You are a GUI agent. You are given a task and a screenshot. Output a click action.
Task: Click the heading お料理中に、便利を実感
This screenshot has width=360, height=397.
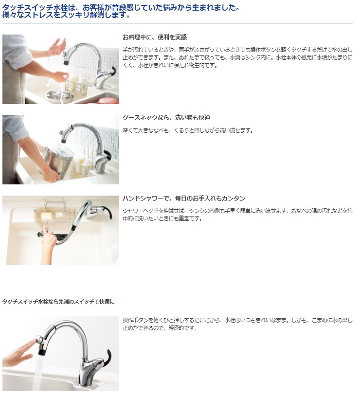(x=154, y=37)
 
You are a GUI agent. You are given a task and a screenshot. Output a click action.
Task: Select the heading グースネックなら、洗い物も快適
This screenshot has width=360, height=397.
(x=166, y=118)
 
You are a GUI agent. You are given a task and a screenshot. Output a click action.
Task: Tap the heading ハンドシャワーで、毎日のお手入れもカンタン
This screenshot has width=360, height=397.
(x=184, y=198)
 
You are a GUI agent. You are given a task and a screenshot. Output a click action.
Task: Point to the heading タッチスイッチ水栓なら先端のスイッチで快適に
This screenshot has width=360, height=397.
(x=58, y=302)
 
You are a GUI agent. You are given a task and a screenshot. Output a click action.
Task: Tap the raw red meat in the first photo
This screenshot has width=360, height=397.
(x=108, y=100)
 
